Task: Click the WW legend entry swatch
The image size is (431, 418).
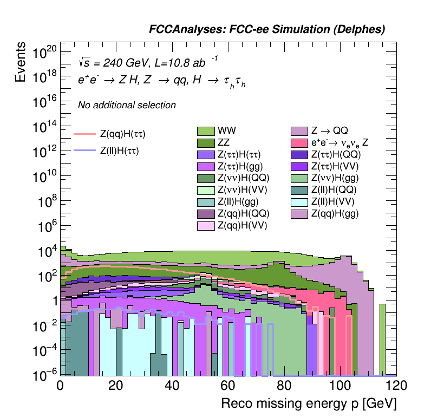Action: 206,131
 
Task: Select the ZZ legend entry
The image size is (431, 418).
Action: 206,143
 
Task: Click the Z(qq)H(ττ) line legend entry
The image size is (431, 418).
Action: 83,133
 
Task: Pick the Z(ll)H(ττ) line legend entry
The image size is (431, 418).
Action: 83,151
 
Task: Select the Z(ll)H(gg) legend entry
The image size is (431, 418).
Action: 206,202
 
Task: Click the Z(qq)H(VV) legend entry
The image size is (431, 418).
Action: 206,225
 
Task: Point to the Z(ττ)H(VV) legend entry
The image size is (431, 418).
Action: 299,166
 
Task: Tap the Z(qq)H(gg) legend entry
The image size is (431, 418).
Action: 299,213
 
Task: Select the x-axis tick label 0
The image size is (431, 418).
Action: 60,386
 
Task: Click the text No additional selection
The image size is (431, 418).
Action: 127,105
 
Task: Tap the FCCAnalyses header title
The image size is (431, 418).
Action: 267,30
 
